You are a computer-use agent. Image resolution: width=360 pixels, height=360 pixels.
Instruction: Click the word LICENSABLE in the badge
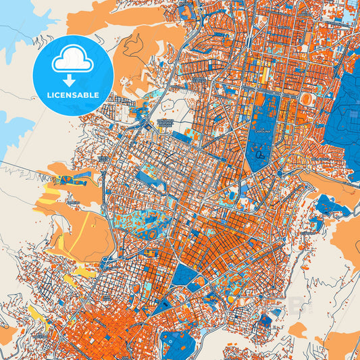point(72,95)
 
